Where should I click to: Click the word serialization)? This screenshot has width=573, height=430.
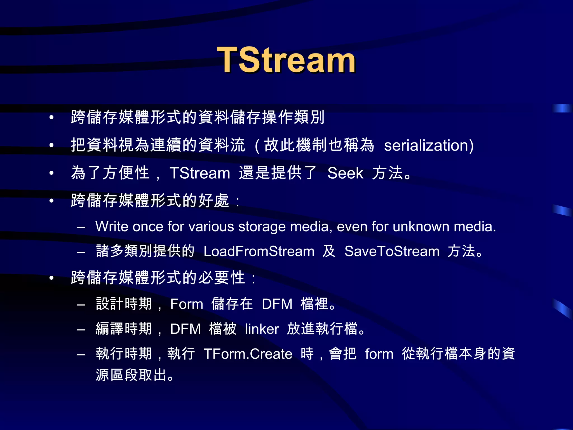tap(429, 146)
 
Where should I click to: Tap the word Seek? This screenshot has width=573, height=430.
tap(345, 173)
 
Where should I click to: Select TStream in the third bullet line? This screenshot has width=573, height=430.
tap(200, 173)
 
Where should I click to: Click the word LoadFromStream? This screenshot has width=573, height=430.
tap(259, 251)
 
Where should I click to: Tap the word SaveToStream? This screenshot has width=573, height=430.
tap(392, 251)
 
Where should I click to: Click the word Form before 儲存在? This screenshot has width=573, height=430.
tap(187, 304)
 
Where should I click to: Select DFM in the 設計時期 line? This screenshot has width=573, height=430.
tap(277, 304)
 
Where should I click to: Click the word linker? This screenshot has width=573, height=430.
tap(262, 329)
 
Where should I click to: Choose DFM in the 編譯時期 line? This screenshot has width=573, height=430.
tap(185, 329)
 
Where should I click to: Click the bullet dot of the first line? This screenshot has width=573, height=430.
tap(51, 118)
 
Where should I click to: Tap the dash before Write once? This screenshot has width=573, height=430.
tap(81, 227)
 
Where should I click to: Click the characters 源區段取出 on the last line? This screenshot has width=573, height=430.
tap(131, 375)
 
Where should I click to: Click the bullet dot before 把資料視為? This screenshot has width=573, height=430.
tap(51, 145)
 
